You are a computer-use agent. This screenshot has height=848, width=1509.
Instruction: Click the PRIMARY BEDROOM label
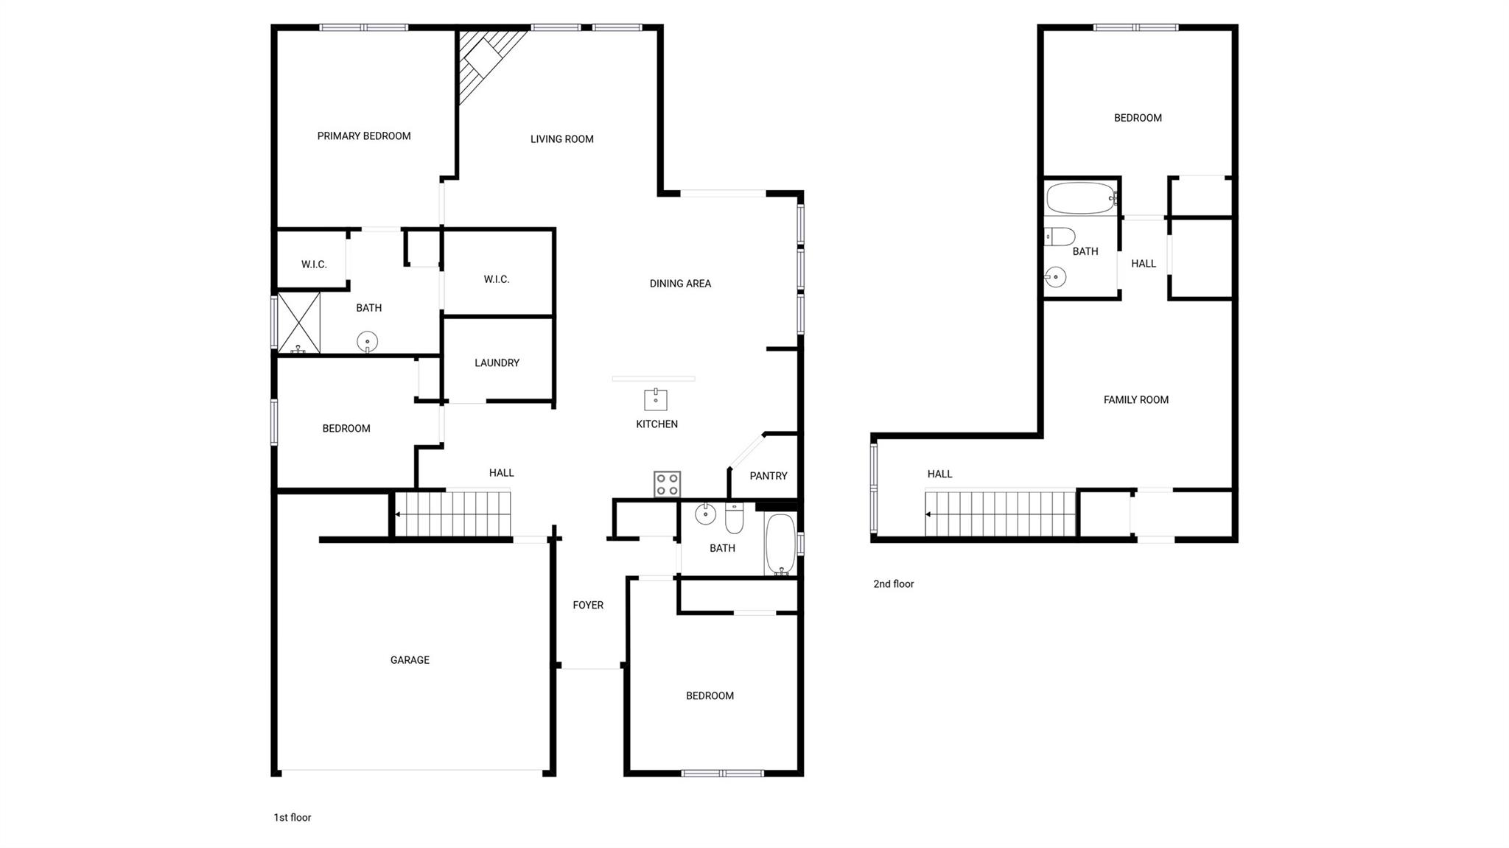[x=364, y=136]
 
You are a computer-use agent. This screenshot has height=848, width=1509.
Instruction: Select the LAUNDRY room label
[x=497, y=363]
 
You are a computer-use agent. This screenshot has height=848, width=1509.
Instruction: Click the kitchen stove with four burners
[x=667, y=484]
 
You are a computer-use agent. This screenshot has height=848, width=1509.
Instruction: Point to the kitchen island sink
[x=655, y=399]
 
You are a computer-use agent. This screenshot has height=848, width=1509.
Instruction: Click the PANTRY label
[x=768, y=476]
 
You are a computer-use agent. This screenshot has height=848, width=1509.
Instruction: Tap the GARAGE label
[x=410, y=660]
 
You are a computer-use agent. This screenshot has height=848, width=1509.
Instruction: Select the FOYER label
[x=588, y=606]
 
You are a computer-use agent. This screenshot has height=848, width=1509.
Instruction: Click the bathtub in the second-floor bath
[x=1081, y=197]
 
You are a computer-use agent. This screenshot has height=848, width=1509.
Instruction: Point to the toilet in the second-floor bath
[x=1060, y=236]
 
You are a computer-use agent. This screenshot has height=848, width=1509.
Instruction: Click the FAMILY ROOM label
[x=1135, y=400]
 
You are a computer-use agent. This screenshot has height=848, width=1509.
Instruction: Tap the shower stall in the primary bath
[x=298, y=323]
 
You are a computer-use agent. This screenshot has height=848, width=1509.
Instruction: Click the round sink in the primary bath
[x=367, y=342]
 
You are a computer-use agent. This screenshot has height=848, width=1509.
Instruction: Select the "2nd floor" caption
[x=893, y=584]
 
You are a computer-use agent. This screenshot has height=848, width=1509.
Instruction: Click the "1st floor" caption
[x=293, y=818]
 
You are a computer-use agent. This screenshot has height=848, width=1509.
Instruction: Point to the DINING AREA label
[x=680, y=284]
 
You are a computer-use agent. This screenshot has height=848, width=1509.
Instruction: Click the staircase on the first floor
[x=452, y=514]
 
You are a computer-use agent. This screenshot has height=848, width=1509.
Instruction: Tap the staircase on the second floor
[x=1001, y=514]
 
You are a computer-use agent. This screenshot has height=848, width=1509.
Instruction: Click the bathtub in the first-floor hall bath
[x=780, y=544]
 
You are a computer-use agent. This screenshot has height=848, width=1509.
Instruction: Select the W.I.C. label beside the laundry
[x=497, y=279]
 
